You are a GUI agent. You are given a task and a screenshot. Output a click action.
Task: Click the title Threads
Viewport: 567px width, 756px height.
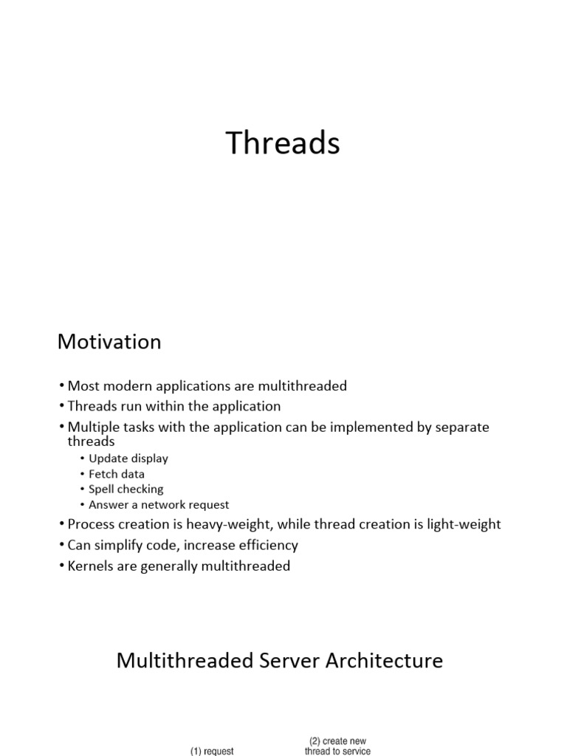click(x=283, y=143)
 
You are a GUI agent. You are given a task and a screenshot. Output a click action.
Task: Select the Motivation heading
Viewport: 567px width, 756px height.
click(x=109, y=342)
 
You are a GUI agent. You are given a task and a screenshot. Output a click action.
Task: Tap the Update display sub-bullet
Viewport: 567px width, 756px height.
click(x=128, y=458)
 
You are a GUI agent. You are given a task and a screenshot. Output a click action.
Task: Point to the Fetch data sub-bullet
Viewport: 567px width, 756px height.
click(x=117, y=474)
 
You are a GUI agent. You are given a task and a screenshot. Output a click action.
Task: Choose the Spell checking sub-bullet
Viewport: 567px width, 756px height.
click(x=126, y=489)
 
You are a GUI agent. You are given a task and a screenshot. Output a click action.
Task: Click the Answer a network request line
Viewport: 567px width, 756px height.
click(x=159, y=505)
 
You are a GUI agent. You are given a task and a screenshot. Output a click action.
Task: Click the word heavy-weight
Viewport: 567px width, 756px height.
click(x=247, y=524)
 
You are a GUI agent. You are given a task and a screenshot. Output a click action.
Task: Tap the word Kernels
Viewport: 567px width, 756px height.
click(x=91, y=566)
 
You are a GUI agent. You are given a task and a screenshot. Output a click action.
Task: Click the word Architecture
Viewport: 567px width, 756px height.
click(x=385, y=660)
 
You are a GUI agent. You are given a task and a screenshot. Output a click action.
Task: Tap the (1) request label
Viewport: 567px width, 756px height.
click(x=212, y=751)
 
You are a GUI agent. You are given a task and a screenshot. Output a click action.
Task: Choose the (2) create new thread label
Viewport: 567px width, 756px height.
click(x=337, y=746)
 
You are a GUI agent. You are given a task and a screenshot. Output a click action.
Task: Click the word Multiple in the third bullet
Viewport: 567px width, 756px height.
click(x=92, y=427)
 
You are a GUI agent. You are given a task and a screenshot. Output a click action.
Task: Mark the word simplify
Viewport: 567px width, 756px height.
click(x=120, y=546)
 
